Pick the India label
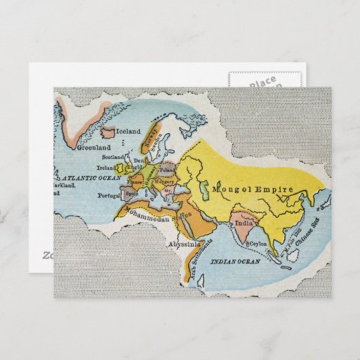[241, 220]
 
